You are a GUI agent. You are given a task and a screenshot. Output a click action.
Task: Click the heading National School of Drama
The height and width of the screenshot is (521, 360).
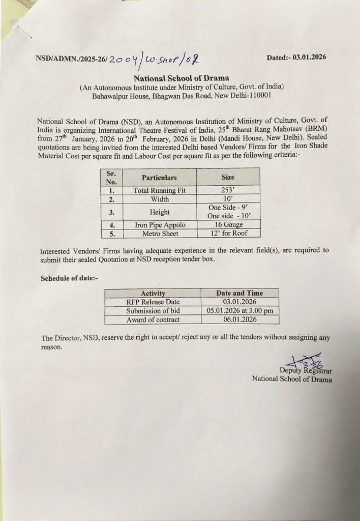point(181,78)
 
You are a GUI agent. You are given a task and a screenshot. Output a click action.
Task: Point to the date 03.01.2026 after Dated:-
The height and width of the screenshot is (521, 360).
point(308,57)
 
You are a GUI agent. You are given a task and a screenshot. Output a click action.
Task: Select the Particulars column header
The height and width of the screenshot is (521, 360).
point(159,178)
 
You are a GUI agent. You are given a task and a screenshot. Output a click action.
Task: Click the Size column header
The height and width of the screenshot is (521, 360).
point(228,177)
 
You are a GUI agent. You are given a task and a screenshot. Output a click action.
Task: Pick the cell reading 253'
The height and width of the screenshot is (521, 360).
point(228,191)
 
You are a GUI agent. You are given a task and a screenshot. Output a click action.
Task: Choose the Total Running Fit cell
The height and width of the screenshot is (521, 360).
point(159,191)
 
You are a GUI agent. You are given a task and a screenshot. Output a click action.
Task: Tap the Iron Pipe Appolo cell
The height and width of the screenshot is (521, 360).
point(160,225)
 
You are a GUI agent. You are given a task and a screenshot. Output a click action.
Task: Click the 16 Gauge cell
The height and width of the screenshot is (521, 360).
point(228,224)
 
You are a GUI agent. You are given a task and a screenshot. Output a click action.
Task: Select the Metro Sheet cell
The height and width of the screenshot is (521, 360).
point(160,234)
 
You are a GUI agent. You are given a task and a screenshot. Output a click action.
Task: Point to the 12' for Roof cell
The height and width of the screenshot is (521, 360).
point(228,233)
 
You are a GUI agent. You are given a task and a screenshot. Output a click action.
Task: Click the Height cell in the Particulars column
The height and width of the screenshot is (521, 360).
point(160,212)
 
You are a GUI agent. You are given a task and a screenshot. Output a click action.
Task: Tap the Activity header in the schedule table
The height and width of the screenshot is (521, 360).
point(153,293)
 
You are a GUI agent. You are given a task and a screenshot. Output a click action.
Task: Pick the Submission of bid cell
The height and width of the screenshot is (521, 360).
point(153,311)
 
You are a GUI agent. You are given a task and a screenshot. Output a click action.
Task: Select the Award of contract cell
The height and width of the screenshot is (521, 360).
point(153,320)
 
